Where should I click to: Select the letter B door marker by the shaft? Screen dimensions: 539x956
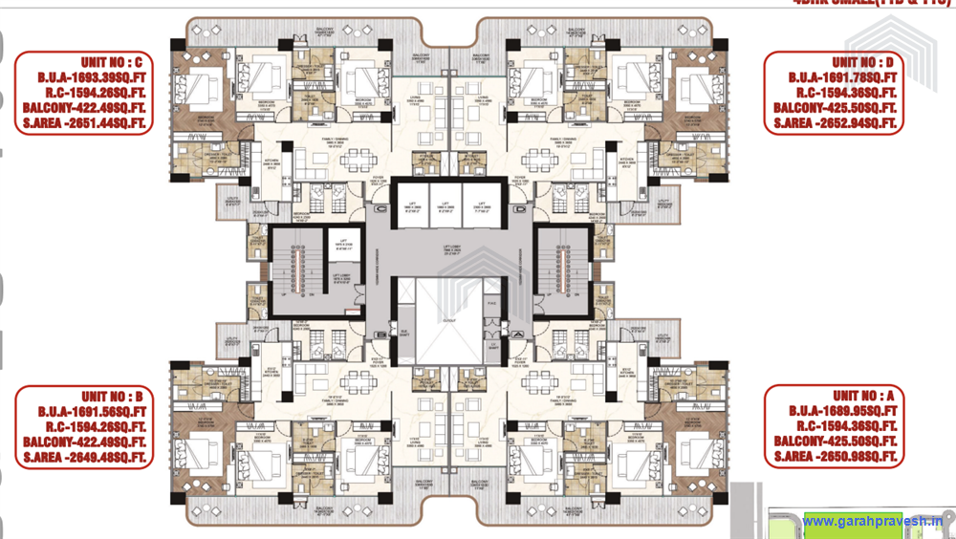[x=380, y=334]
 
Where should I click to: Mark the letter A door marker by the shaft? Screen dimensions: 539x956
[x=519, y=334]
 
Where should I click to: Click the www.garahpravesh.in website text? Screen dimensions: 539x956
[x=872, y=521]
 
